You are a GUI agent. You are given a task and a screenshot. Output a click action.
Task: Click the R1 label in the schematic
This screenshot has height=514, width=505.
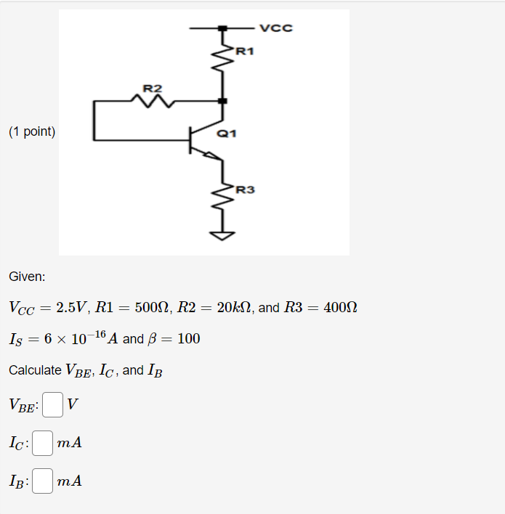point(246,52)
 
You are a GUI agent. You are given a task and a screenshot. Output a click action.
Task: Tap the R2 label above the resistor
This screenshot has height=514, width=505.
point(153,89)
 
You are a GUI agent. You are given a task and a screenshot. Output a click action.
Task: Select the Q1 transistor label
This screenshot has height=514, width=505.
point(227,134)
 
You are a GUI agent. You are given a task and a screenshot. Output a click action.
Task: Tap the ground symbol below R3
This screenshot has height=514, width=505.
point(223,235)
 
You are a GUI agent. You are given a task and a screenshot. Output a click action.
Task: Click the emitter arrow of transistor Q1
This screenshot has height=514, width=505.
point(210,155)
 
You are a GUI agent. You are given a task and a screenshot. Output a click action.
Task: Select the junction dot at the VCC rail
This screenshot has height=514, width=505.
point(223,28)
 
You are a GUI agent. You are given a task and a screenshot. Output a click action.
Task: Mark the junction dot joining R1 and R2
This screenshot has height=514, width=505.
point(223,101)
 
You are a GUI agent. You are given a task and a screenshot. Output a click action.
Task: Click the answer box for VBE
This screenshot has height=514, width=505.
point(52,404)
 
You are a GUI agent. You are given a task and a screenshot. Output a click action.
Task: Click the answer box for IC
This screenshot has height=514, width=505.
point(43,442)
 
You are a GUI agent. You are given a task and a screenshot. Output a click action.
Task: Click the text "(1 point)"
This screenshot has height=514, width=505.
point(32,131)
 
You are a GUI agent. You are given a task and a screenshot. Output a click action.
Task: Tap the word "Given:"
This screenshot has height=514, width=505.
point(27,277)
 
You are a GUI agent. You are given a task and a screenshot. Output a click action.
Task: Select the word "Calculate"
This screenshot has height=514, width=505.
point(35,370)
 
